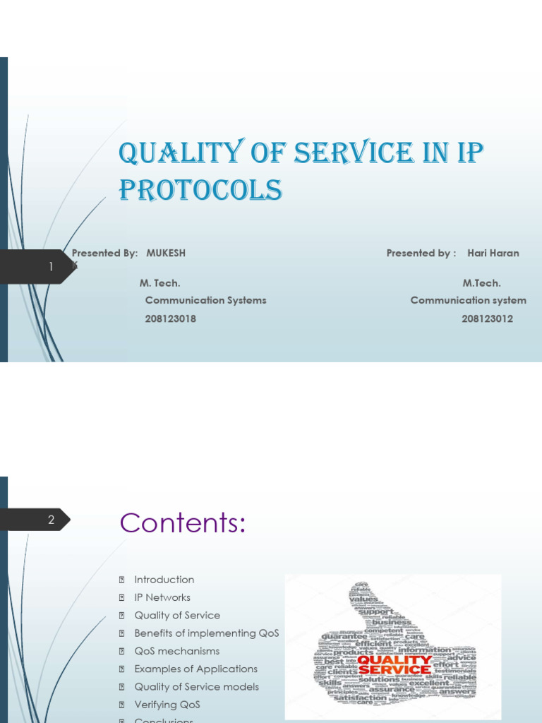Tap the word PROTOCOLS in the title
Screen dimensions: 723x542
click(x=200, y=189)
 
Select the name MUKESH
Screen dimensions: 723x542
click(x=166, y=253)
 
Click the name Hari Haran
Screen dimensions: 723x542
click(x=493, y=253)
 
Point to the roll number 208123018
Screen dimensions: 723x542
click(x=170, y=318)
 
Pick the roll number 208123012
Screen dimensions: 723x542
click(x=487, y=318)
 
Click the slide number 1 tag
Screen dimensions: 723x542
click(x=51, y=267)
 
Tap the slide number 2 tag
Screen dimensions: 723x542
click(x=51, y=520)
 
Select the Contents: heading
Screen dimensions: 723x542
click(x=182, y=523)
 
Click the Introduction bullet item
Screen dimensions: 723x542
click(x=164, y=580)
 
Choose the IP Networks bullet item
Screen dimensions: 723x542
click(x=162, y=597)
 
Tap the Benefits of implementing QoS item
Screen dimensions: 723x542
click(x=206, y=633)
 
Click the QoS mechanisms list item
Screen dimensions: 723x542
click(x=176, y=651)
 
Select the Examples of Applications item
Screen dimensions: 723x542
click(x=195, y=669)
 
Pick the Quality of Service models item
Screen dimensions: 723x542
click(x=196, y=686)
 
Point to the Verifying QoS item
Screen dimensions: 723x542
click(x=167, y=705)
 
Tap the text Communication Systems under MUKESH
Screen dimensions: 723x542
click(x=205, y=300)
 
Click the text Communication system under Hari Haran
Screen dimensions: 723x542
click(x=468, y=300)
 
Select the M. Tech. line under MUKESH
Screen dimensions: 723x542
click(x=159, y=283)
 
